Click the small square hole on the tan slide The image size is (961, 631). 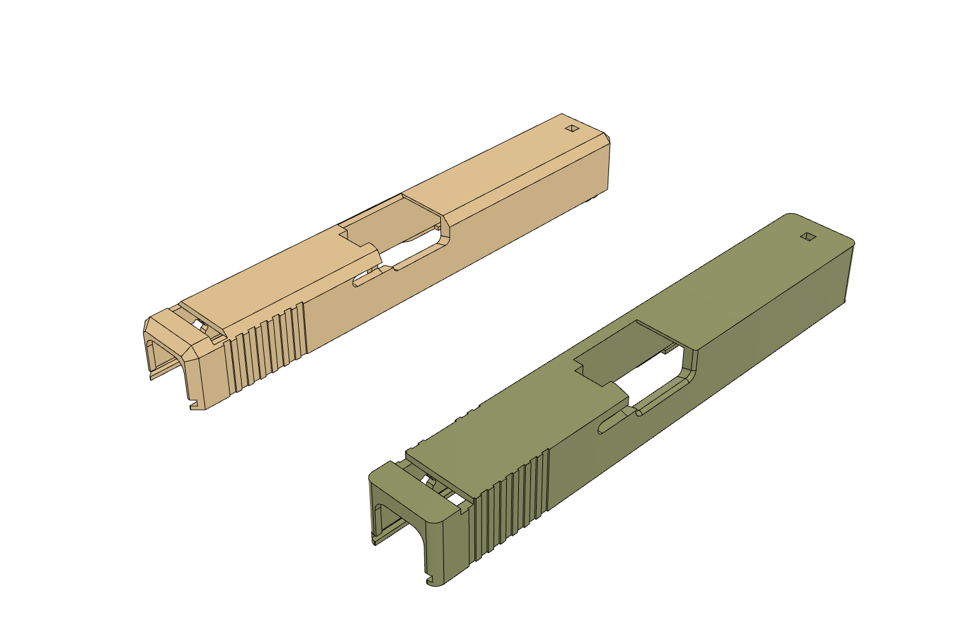572,129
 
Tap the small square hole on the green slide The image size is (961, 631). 807,237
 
